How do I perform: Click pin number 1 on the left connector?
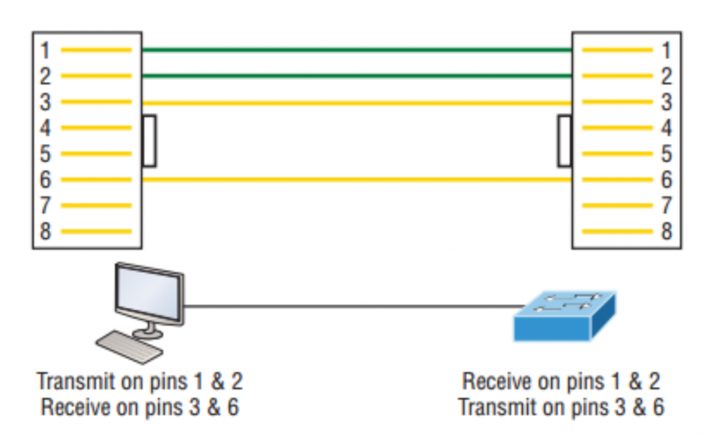pyautogui.click(x=46, y=50)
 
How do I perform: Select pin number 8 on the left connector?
pyautogui.click(x=46, y=233)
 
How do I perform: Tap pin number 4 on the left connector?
pyautogui.click(x=46, y=128)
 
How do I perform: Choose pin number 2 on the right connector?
pyautogui.click(x=665, y=76)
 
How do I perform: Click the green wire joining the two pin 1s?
pyautogui.click(x=356, y=50)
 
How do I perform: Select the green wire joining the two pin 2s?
pyautogui.click(x=356, y=76)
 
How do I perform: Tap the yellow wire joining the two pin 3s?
pyautogui.click(x=356, y=103)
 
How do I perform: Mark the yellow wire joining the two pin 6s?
pyautogui.click(x=356, y=180)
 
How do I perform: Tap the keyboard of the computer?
pyautogui.click(x=130, y=344)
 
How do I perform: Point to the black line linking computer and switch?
pyautogui.click(x=351, y=306)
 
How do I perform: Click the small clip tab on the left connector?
pyautogui.click(x=149, y=140)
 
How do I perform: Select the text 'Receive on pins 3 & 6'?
pyautogui.click(x=138, y=407)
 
